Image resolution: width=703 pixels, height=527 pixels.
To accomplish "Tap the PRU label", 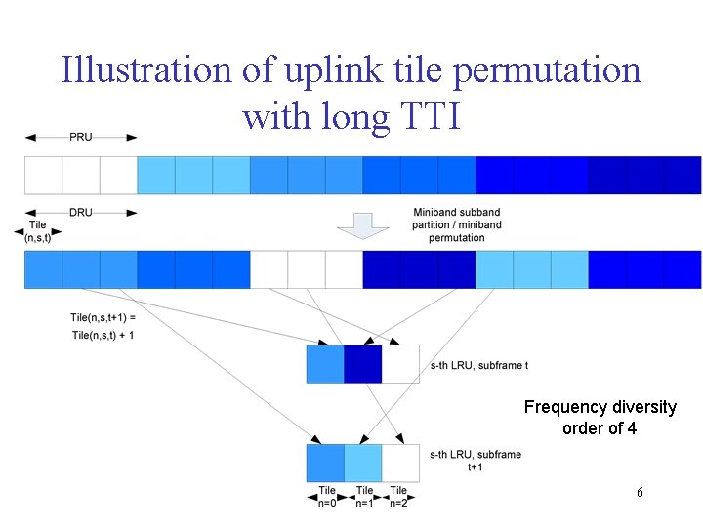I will (81, 137).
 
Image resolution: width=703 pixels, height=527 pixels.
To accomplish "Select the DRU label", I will (81, 212).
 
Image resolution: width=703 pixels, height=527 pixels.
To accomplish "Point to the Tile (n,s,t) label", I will (38, 230).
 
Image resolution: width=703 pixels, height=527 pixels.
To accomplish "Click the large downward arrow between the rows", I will (362, 225).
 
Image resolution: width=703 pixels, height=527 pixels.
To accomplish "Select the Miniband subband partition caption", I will (457, 224).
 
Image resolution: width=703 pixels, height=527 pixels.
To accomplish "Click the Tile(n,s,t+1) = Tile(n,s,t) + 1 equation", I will (103, 326).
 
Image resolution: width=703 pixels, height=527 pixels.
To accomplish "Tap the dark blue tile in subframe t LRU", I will (362, 364).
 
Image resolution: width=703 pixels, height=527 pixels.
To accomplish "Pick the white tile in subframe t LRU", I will (400, 364).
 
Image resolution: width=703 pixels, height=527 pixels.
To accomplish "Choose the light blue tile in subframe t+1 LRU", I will (362, 463).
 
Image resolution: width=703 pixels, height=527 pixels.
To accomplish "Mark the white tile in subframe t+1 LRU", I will (400, 463).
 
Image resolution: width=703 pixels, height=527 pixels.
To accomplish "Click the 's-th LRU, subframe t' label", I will (478, 366).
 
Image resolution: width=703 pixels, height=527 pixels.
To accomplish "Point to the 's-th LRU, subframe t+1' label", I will (476, 460).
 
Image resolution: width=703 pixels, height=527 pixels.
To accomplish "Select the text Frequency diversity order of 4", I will (600, 417).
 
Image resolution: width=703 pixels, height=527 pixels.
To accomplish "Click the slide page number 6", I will (639, 493).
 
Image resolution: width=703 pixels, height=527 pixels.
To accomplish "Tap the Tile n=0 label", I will (327, 496).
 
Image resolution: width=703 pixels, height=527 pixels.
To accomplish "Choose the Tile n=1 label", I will (364, 496).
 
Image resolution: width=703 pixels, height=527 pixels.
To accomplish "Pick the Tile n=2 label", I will (398, 496).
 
